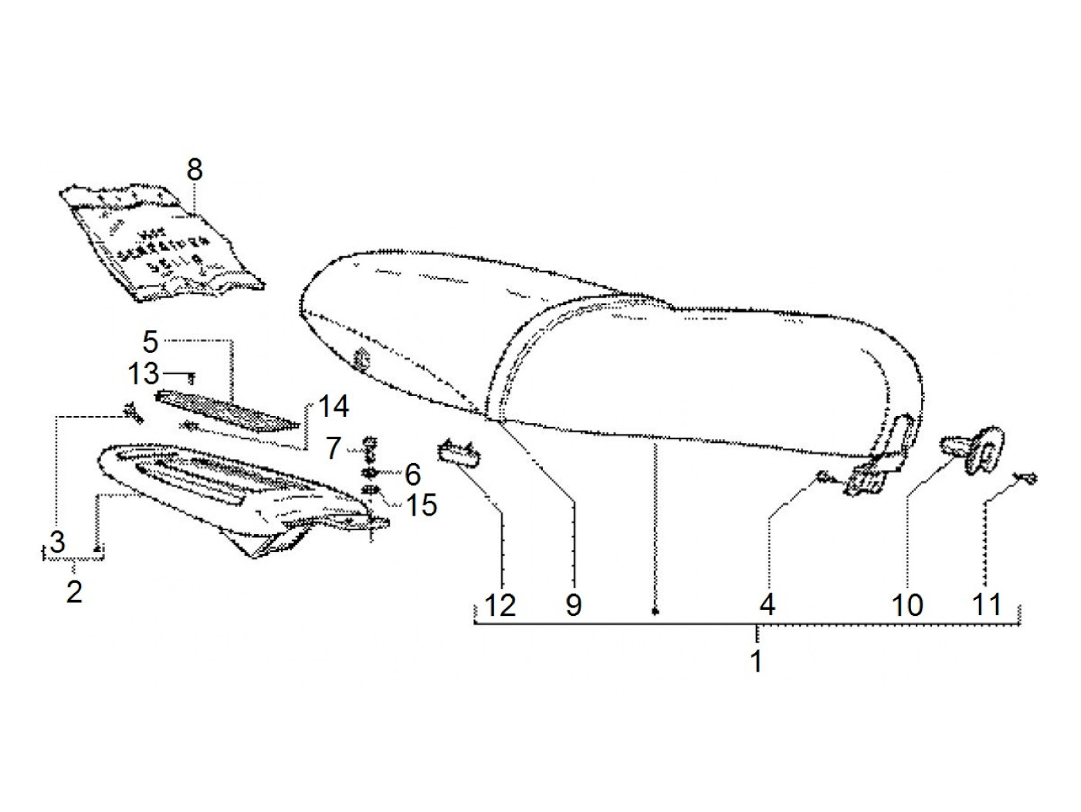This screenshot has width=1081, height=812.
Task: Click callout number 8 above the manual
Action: pos(194,169)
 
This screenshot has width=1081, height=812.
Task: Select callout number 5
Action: pos(150,340)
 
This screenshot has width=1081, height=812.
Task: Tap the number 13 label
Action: pos(144,374)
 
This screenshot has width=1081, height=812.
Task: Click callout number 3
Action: pos(58,542)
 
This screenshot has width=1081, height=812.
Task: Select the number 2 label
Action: pos(74,591)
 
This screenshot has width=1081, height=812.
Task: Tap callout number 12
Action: pos(500,604)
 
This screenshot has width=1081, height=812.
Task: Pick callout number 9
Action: pos(572,604)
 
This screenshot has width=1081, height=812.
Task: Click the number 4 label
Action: pos(767,604)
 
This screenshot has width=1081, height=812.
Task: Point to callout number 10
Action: pos(907,604)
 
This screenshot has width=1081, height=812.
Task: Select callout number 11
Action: pos(986,604)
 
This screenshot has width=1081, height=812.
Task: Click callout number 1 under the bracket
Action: pos(757,661)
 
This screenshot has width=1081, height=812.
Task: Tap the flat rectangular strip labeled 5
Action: pos(228,408)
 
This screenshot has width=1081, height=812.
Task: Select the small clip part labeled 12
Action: pos(457,450)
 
